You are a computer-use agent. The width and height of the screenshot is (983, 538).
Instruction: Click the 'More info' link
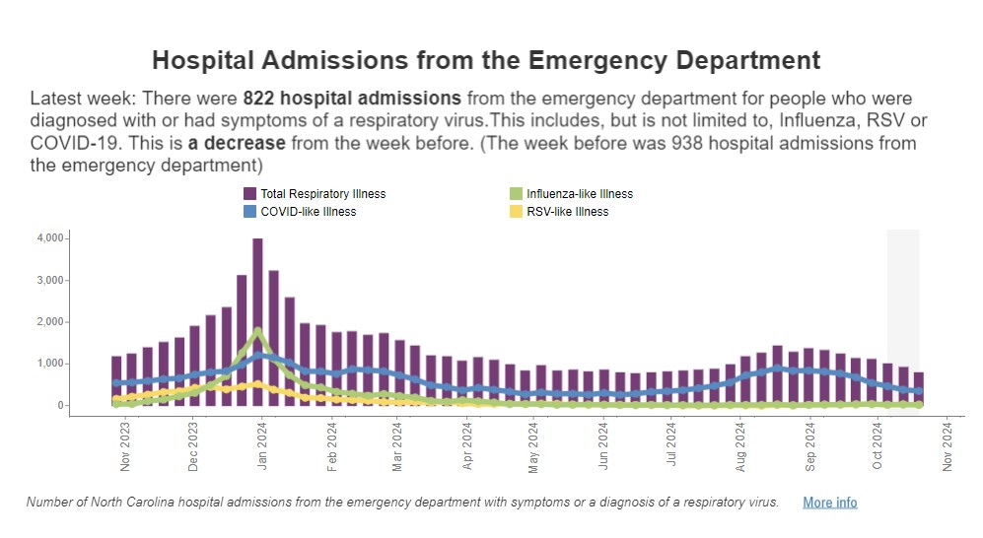[829, 503]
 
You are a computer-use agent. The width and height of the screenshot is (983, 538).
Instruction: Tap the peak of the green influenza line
[257, 330]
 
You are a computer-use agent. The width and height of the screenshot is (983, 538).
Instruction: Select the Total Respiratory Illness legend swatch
[250, 194]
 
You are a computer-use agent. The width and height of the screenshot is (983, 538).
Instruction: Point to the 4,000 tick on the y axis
[50, 238]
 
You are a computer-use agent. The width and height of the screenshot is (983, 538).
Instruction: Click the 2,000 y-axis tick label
[50, 322]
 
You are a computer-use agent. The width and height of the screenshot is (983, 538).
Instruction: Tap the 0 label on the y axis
[60, 405]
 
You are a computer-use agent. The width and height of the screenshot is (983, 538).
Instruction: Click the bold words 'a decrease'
[237, 143]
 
